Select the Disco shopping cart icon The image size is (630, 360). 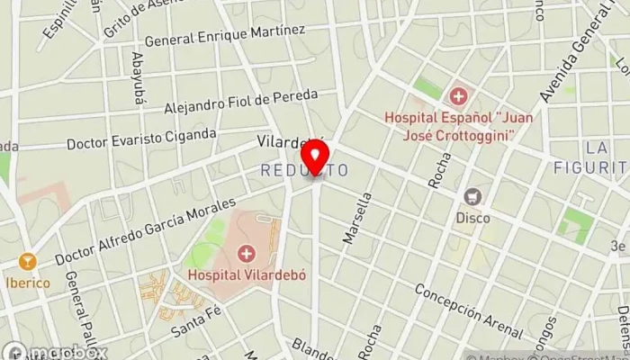(472, 195)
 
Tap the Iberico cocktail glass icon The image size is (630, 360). (25, 262)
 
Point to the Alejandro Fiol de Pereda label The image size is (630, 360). (240, 101)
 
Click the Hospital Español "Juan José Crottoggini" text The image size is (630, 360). (461, 126)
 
